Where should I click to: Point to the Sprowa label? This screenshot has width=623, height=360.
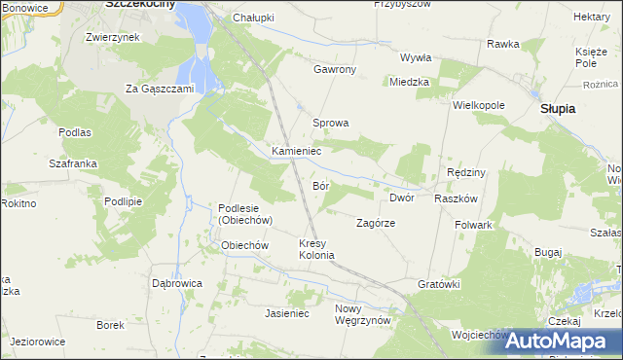tap(330, 124)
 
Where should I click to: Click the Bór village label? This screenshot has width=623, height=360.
tap(322, 185)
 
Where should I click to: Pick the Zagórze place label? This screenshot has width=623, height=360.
tap(375, 223)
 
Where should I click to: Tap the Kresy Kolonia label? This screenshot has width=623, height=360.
tap(316, 249)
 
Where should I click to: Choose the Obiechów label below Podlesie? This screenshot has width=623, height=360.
tap(244, 245)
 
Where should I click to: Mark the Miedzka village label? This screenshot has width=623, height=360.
tap(409, 83)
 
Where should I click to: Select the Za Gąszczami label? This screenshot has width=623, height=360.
tap(161, 89)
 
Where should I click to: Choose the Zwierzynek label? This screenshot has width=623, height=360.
tap(113, 37)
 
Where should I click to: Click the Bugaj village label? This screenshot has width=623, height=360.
tap(548, 252)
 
